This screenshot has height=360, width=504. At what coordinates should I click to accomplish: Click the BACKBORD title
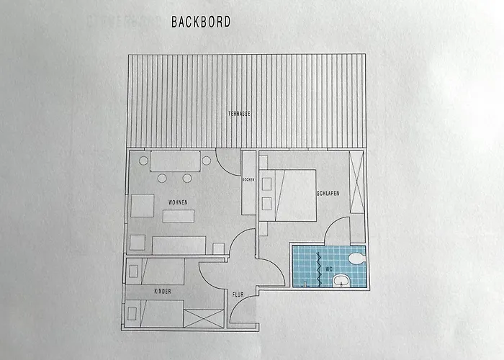coord(201,22)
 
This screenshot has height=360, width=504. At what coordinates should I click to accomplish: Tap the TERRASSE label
coord(239,114)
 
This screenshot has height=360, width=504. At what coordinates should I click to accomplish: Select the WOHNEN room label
coord(178,202)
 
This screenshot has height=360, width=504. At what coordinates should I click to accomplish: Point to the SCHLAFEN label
coord(328,194)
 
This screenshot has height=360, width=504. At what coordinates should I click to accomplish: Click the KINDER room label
coord(163,292)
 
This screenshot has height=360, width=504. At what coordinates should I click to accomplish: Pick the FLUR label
coord(238,294)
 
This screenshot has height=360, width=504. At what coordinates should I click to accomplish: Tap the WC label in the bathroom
coord(329,269)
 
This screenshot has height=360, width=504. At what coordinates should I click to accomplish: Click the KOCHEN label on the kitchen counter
coord(248,180)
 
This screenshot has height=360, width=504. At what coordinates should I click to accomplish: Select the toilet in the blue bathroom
coord(356,258)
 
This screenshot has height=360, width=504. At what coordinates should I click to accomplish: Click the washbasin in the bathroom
coord(341,281)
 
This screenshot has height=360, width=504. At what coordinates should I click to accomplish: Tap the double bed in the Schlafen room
coord(288,195)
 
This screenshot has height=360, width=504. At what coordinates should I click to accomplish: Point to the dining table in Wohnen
coord(175,161)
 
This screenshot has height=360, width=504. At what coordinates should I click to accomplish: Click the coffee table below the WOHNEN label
coord(179,216)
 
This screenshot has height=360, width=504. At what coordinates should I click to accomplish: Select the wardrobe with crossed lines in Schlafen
coord(356,182)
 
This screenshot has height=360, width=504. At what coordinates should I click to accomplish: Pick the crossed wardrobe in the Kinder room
coord(204,318)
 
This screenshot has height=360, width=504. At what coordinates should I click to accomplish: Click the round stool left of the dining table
coord(143,161)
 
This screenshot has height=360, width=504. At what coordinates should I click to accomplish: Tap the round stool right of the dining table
coord(207,161)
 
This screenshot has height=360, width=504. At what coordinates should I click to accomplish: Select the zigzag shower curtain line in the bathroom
coord(319,269)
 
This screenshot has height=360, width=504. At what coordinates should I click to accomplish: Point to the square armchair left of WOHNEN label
coord(143,206)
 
